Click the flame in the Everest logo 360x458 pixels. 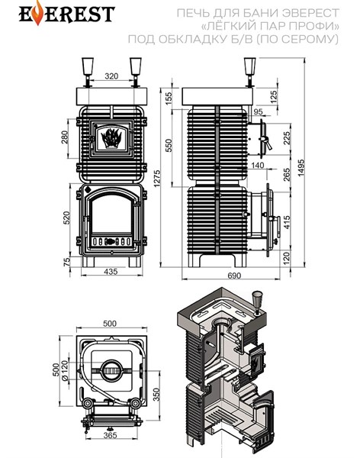(x=37, y=13)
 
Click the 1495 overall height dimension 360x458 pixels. (x=301, y=168)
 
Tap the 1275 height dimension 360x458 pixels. (x=157, y=179)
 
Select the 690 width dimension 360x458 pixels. (x=234, y=276)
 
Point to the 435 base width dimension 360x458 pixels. (x=111, y=271)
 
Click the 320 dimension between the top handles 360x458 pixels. (x=111, y=76)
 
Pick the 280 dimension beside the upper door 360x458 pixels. (x=65, y=137)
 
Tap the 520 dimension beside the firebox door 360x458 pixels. (x=66, y=218)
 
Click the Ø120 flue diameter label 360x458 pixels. (x=65, y=370)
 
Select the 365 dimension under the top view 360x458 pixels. (x=111, y=435)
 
